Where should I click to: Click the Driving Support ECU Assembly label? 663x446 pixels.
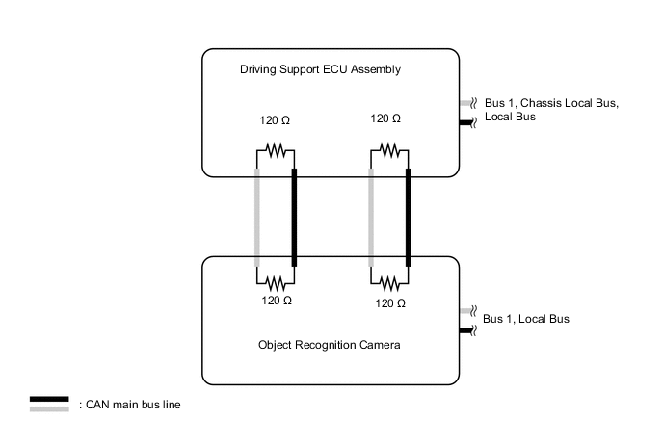click(x=319, y=70)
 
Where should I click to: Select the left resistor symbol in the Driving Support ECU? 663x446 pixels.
click(x=276, y=149)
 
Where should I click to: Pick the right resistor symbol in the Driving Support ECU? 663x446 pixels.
click(x=389, y=149)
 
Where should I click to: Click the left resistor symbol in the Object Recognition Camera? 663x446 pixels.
click(x=276, y=283)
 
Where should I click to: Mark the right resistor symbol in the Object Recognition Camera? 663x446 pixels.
click(x=389, y=283)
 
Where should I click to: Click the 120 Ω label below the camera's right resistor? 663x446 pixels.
click(x=389, y=302)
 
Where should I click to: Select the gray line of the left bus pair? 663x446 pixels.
click(x=257, y=217)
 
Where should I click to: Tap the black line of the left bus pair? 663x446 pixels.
click(x=294, y=217)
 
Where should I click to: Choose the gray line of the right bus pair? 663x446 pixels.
click(x=371, y=217)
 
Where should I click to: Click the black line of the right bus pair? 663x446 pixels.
click(x=408, y=217)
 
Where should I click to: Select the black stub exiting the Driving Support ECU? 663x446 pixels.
click(x=466, y=122)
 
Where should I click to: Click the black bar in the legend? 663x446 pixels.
click(x=48, y=399)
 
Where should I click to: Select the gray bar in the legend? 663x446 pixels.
click(x=48, y=408)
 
